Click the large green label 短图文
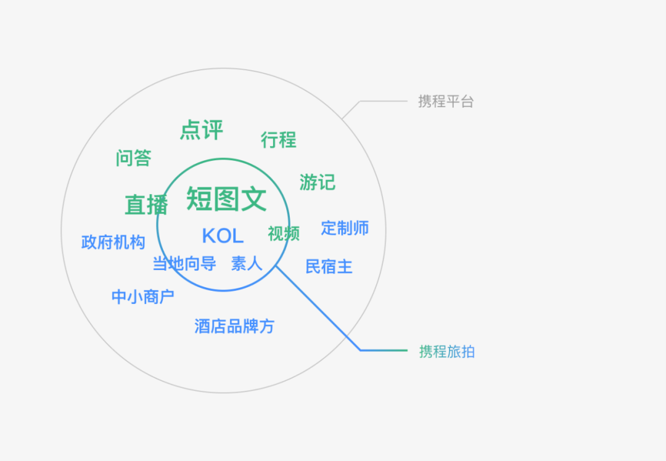pos(226,199)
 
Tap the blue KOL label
pos(223,235)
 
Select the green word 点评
pos(201,130)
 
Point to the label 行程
pos(278,140)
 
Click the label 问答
pos(133,158)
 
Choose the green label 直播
pos(146,205)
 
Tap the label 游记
pos(317,182)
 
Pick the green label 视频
pos(284,234)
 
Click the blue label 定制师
pos(345,228)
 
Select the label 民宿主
pos(329,266)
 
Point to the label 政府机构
pos(113,242)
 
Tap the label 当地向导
pos(184,264)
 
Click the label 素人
pos(247,264)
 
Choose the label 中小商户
pos(142,296)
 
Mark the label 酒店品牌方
pos(234,326)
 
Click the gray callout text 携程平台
pos(446,101)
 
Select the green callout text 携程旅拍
pos(447,352)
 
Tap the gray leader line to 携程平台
pos(382,100)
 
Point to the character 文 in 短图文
pos(253,199)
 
